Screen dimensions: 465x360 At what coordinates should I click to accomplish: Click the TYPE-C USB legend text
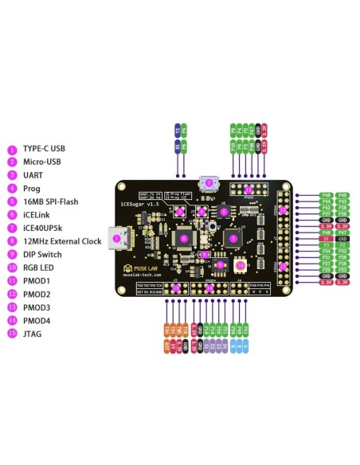click(44, 149)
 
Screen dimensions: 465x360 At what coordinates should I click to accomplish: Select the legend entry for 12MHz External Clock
click(62, 241)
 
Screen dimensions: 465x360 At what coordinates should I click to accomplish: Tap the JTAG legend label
click(33, 334)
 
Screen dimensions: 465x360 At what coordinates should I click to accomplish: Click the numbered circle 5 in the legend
click(12, 201)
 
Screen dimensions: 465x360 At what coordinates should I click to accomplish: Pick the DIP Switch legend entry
click(43, 254)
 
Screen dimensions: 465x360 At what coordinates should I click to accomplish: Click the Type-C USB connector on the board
click(120, 238)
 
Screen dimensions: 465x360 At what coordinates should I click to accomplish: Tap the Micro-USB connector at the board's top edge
click(209, 182)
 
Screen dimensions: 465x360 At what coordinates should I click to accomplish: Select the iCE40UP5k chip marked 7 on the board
click(233, 237)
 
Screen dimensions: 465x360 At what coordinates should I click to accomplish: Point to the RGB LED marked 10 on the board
click(241, 265)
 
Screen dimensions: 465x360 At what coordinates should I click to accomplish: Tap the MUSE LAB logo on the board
click(147, 272)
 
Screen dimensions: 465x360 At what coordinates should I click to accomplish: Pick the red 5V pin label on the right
click(326, 238)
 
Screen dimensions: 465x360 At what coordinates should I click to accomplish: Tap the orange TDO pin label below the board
click(166, 329)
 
